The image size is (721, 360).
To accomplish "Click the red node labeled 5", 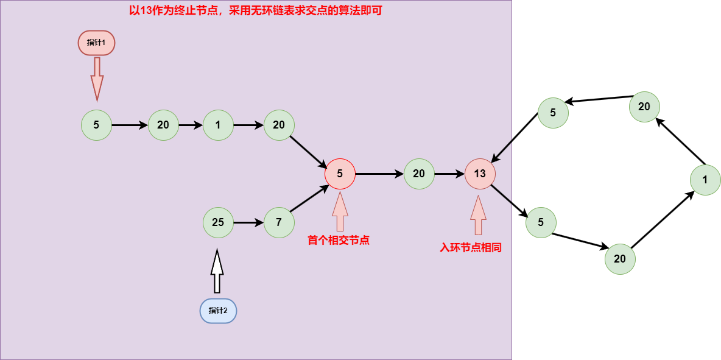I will click(340, 174).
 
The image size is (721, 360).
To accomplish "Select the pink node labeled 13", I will click(480, 174).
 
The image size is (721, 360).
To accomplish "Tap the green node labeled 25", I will click(218, 222).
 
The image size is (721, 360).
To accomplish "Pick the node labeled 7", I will click(279, 222).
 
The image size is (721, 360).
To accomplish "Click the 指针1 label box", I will click(96, 43).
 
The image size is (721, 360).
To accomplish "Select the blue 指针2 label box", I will click(218, 311).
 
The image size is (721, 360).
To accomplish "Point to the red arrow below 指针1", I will click(97, 78).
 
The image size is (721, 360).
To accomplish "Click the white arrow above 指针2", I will click(217, 271).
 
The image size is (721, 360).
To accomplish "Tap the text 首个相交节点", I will click(339, 241).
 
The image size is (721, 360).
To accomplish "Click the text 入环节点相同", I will click(471, 248).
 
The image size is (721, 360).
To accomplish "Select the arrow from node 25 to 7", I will click(248, 222).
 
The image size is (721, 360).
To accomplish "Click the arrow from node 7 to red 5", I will click(309, 199).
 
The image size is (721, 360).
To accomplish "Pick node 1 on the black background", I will click(705, 180).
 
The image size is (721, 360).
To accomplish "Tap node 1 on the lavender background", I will click(218, 125).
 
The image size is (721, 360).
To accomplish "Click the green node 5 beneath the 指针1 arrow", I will click(96, 125).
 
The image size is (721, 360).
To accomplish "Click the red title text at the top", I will click(256, 10).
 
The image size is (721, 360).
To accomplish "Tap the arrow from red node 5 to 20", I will click(379, 174).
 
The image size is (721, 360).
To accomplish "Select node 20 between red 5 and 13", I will click(419, 174).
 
